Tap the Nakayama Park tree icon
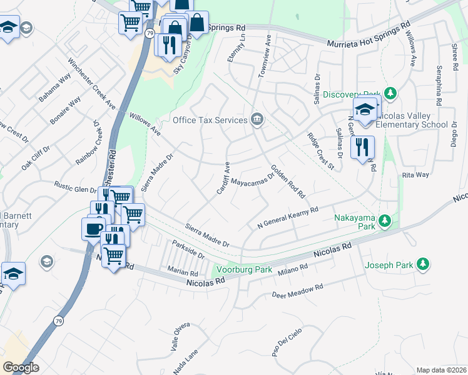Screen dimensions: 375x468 pyautogui.click(x=386, y=221)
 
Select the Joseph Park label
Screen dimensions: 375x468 pyautogui.click(x=389, y=264)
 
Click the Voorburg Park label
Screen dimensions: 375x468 pyautogui.click(x=243, y=270)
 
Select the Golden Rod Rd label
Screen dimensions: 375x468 pyautogui.click(x=287, y=181)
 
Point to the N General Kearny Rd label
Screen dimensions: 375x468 pyautogui.click(x=288, y=217)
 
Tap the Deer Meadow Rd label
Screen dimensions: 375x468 pyautogui.click(x=297, y=291)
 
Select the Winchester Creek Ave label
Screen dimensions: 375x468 pyautogui.click(x=92, y=84)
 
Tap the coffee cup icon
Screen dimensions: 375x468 pyautogui.click(x=94, y=228)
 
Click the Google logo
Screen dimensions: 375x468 pyautogui.click(x=21, y=367)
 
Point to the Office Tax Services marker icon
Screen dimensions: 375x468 pyautogui.click(x=257, y=119)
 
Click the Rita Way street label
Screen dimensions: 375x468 pyautogui.click(x=415, y=176)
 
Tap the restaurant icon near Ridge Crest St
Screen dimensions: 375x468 pyautogui.click(x=362, y=148)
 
